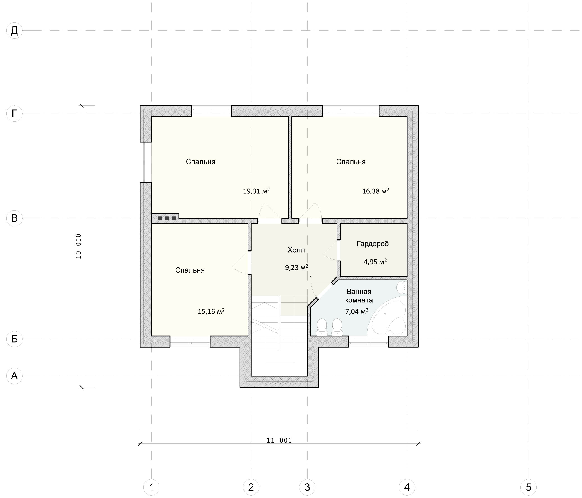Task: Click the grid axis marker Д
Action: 14,31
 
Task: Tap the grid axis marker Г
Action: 14,114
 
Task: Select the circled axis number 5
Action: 528,487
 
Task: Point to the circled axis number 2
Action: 251,487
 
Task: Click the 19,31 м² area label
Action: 256,191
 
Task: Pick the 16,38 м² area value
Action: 375,191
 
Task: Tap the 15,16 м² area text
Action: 211,311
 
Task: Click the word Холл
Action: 296,250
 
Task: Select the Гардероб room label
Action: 373,244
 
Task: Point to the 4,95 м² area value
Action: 375,262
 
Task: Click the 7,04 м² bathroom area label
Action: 356,311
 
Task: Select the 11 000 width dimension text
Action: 279,441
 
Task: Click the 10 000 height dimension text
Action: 78,246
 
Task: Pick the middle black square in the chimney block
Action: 167,218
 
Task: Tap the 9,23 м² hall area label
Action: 296,267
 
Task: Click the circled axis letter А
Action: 14,376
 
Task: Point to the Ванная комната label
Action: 359,296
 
